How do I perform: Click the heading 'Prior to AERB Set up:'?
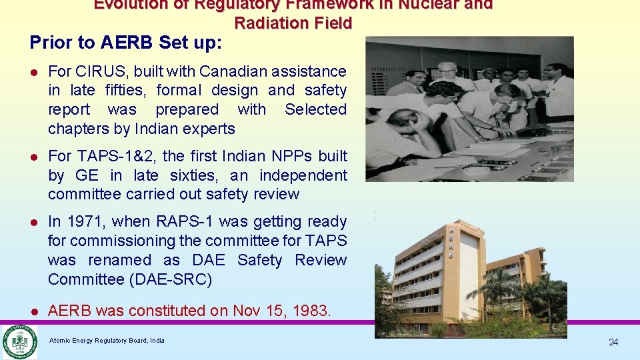coord(126,43)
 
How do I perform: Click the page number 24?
coord(613,342)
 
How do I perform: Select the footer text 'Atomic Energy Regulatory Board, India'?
coord(107,341)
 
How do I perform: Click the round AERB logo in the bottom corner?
coord(19,341)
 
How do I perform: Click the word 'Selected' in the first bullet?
coord(315,109)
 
